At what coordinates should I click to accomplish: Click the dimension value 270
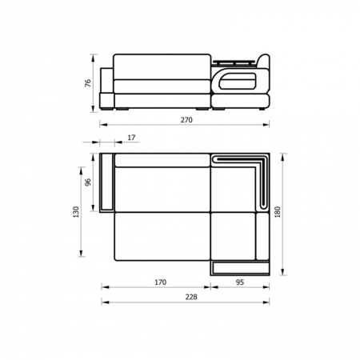click(x=186, y=120)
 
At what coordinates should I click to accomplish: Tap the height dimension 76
click(x=88, y=83)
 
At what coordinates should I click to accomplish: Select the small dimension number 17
click(x=131, y=138)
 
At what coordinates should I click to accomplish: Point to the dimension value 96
click(x=88, y=182)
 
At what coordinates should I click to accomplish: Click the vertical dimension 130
click(x=76, y=212)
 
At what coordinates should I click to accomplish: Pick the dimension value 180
click(x=278, y=212)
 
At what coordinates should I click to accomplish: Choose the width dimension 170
click(x=161, y=282)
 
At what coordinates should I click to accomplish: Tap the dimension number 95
click(x=240, y=282)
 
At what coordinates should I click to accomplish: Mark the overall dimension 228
click(x=191, y=297)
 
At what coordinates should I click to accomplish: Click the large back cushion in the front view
click(x=162, y=67)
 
